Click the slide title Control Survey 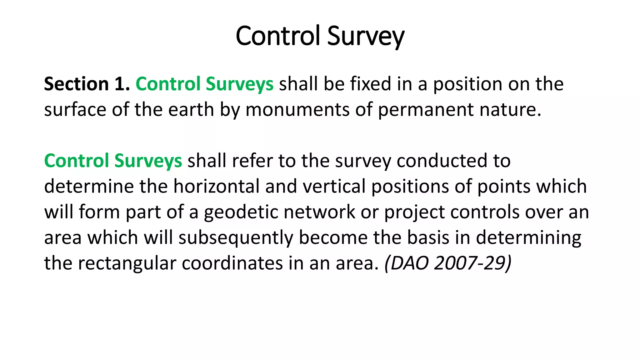pos(320,36)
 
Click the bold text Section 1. pos(87,84)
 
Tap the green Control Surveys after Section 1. pos(204,84)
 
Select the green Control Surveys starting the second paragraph pos(113,161)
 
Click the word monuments pos(297,110)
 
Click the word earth pos(191,110)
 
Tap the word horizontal pos(216,186)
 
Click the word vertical pos(334,186)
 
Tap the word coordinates pos(232,263)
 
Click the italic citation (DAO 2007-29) pos(448,263)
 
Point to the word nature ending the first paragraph pos(510,110)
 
